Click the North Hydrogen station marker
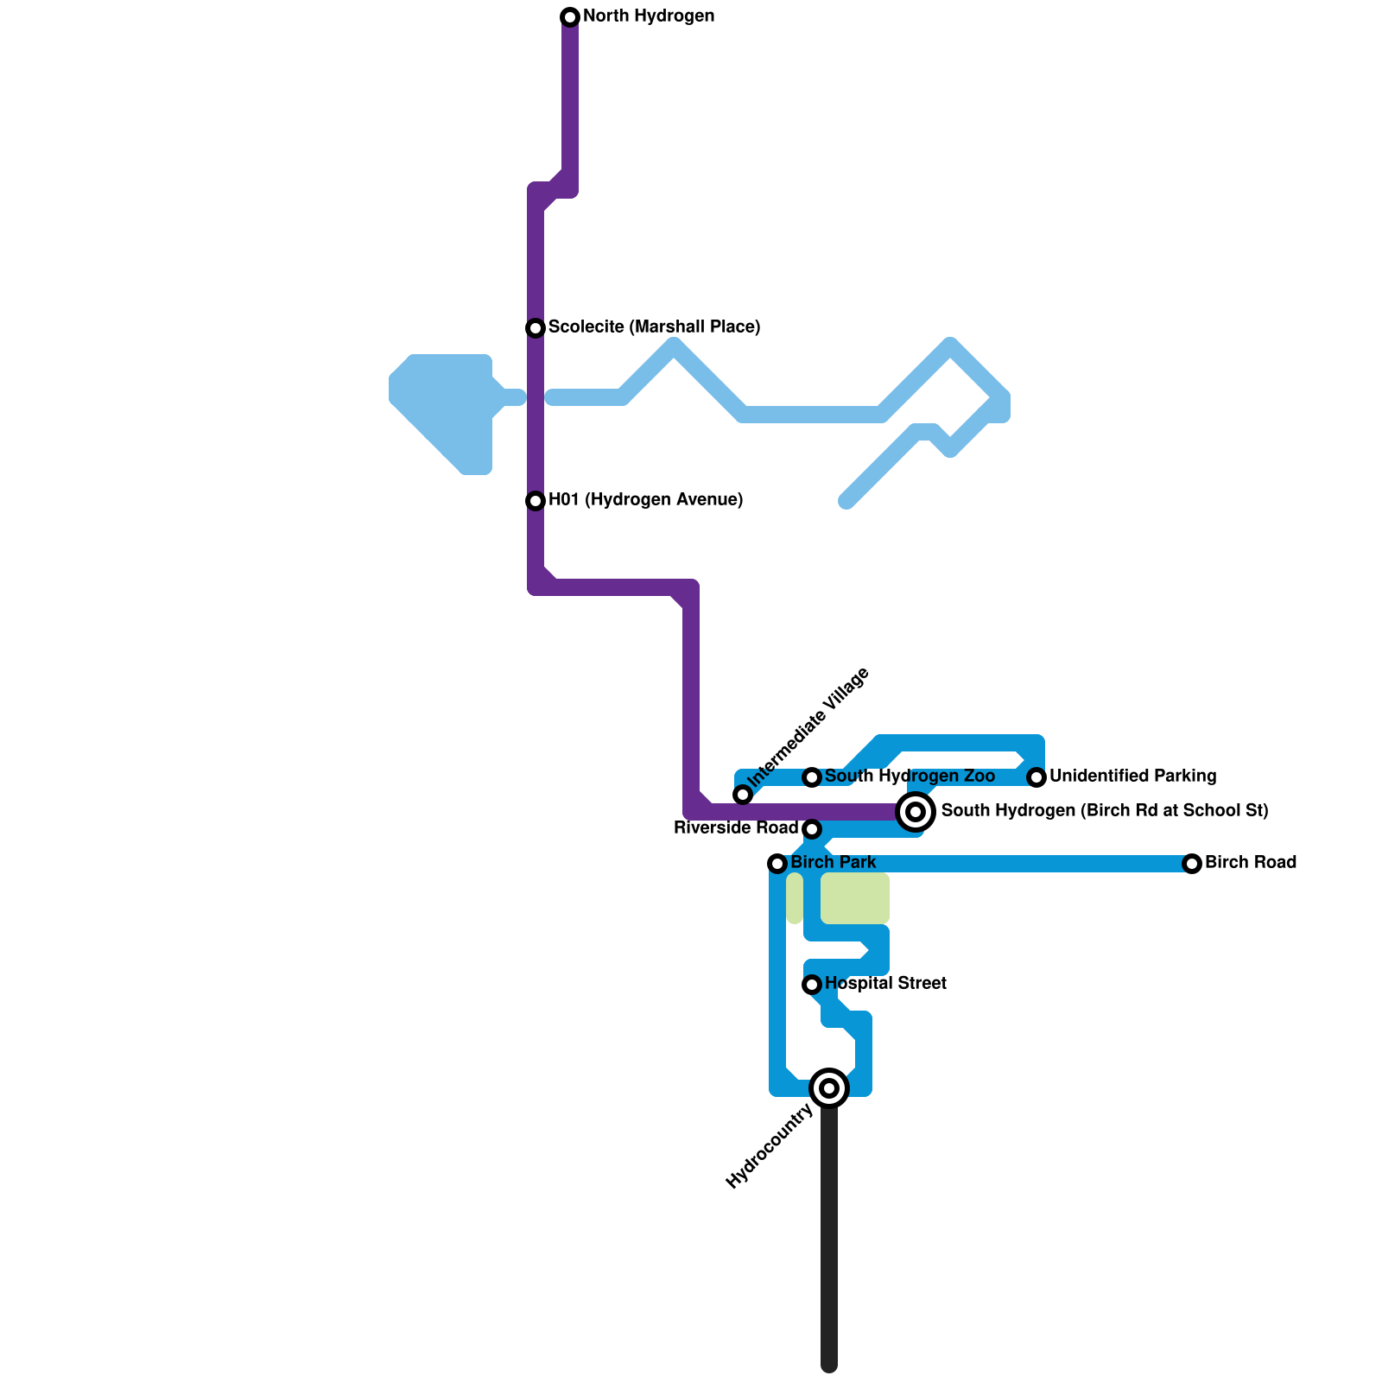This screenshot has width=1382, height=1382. pos(570,17)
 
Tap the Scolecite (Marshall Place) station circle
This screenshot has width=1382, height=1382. pos(536,328)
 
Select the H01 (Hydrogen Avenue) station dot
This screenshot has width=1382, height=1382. pos(536,501)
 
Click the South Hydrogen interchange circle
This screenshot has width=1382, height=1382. pos(916,812)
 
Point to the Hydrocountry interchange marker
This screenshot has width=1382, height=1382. pos(829,1088)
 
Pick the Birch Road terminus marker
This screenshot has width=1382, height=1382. pos(1192,864)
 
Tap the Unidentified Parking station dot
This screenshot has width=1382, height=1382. pos(1036,777)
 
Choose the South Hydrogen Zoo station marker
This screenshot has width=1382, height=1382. pos(812,777)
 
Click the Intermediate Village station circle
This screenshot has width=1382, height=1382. pos(743,795)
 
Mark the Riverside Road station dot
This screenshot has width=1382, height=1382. pos(812,829)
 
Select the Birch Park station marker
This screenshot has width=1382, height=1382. pos(777,864)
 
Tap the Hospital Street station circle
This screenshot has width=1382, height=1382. pos(812,985)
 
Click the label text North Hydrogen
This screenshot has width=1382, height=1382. pos(649,16)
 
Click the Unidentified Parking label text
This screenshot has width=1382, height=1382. pos(1132,777)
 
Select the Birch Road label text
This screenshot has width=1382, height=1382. pos(1250,863)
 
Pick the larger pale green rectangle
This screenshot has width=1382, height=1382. pos(855,898)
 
